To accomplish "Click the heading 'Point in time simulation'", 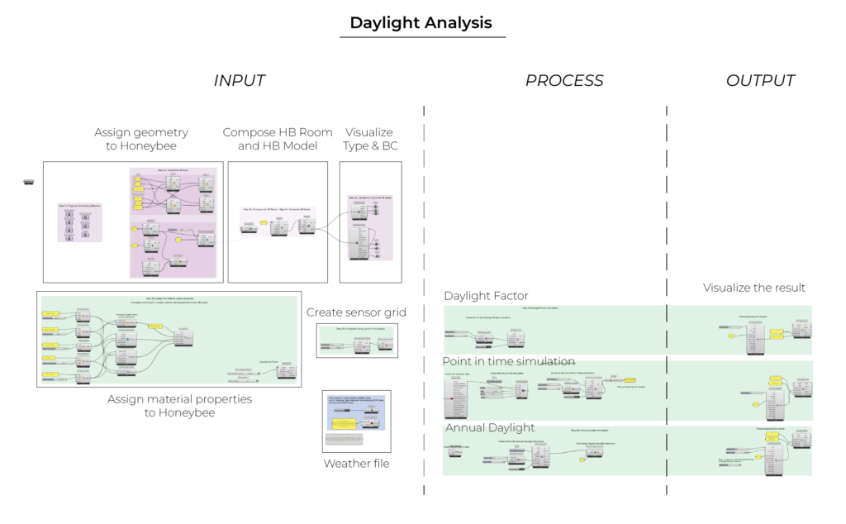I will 508,362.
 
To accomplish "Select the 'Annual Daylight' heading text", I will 490,428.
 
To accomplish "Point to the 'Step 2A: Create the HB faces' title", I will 173,170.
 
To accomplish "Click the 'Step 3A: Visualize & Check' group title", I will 370,198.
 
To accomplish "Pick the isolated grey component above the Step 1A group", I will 29,181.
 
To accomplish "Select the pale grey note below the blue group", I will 344,440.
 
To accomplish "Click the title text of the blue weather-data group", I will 355,400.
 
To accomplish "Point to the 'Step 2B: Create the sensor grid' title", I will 356,328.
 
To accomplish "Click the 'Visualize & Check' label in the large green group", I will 269,362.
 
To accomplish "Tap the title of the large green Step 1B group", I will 169,300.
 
